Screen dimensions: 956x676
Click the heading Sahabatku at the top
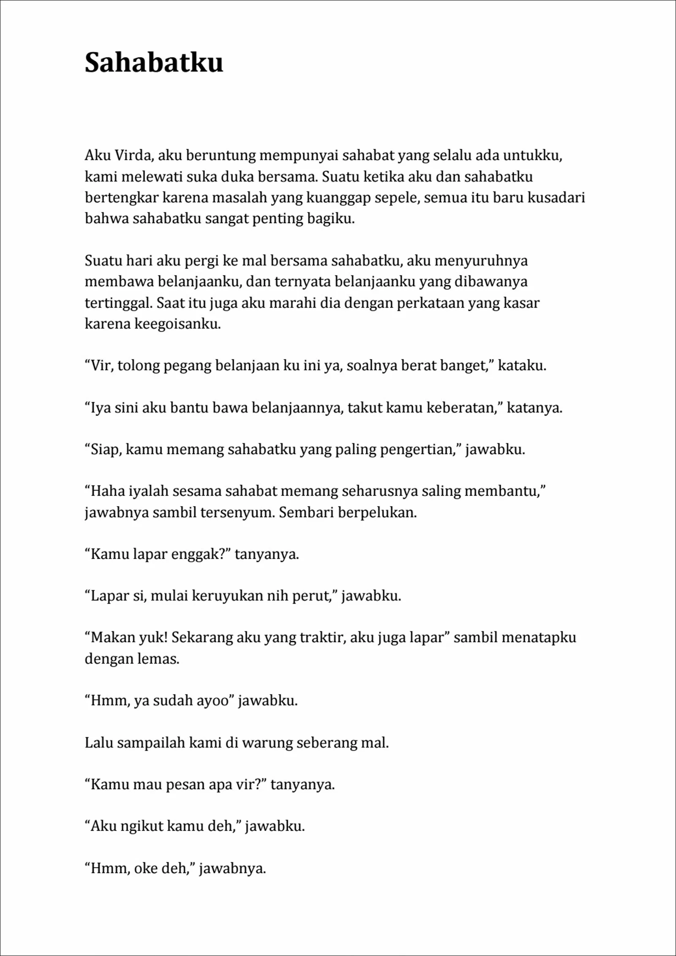pos(154,63)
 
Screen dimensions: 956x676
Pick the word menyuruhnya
pos(481,261)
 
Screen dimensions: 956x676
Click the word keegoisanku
pos(177,324)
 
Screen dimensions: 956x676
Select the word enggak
pos(194,554)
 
